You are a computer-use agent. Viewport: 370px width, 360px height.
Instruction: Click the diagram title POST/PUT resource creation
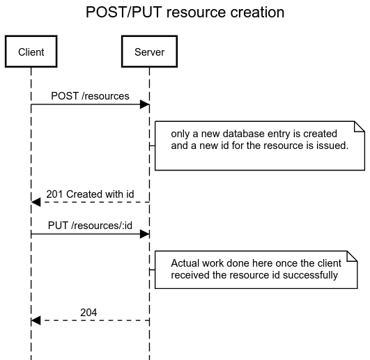185,12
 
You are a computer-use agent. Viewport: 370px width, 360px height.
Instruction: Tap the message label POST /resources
90,96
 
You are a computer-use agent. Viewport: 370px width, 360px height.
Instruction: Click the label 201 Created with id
90,194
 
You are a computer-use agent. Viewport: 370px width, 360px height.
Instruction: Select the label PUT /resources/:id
90,226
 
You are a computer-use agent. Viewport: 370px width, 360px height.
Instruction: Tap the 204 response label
88,313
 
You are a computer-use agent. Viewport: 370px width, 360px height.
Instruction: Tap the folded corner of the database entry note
360,126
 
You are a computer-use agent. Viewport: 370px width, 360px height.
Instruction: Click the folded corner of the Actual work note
353,256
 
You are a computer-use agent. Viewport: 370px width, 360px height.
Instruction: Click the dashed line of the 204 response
95,320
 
